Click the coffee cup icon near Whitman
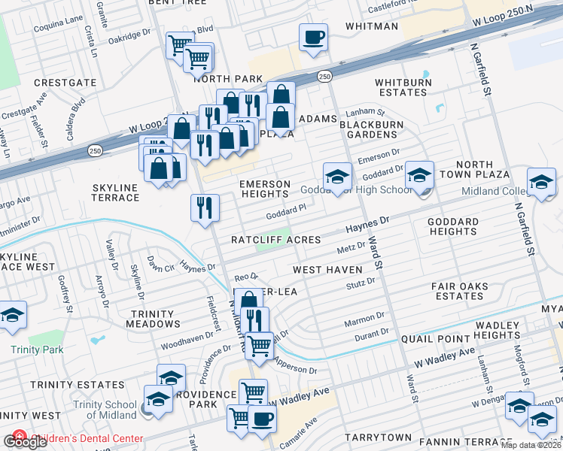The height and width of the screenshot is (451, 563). click(313, 37)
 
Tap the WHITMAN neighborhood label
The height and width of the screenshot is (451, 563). click(371, 26)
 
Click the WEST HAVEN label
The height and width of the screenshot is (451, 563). click(328, 269)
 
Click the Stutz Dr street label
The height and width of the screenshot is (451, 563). click(361, 282)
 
